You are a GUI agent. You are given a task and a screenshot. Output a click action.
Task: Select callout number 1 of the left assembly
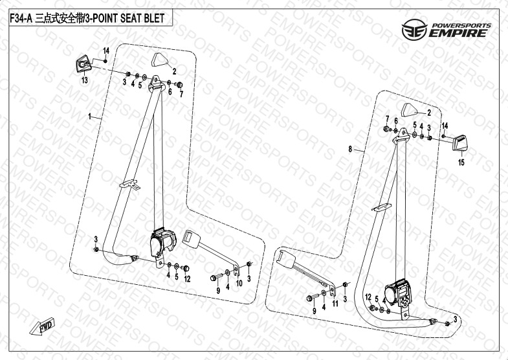(91, 118)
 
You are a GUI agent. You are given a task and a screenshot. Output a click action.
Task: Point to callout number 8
(350, 150)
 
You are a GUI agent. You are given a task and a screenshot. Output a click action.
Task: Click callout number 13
(83, 80)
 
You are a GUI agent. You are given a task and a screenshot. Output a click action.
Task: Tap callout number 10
(238, 284)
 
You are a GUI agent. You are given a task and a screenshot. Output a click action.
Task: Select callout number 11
(335, 303)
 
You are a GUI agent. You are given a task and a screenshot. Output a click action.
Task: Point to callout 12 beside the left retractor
(187, 279)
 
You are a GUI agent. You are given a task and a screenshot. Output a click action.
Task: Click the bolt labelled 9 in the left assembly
(213, 278)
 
